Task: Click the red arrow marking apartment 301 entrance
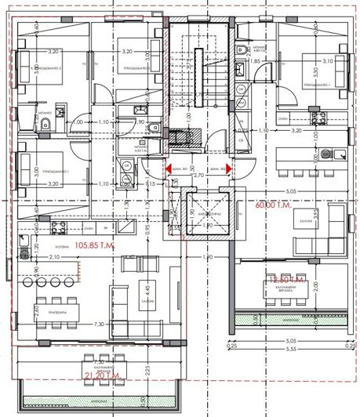coord(166,166)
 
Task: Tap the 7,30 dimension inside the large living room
coord(99,324)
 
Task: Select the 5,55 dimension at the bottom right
coord(292,347)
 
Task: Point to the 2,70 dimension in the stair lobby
coord(198,175)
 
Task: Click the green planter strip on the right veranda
coord(290,320)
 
